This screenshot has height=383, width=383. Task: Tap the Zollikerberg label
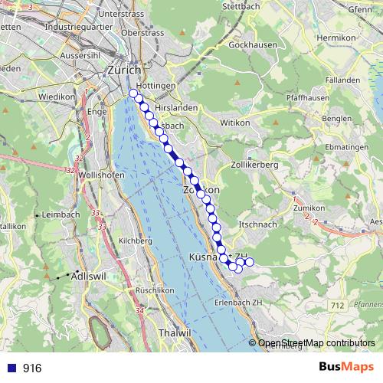pyautogui.click(x=254, y=165)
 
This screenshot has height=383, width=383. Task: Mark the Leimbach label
pyautogui.click(x=62, y=214)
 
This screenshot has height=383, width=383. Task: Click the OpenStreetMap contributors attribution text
pyautogui.click(x=316, y=343)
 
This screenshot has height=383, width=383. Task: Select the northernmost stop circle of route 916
pyautogui.click(x=133, y=93)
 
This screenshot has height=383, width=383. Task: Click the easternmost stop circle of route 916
pyautogui.click(x=249, y=263)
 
